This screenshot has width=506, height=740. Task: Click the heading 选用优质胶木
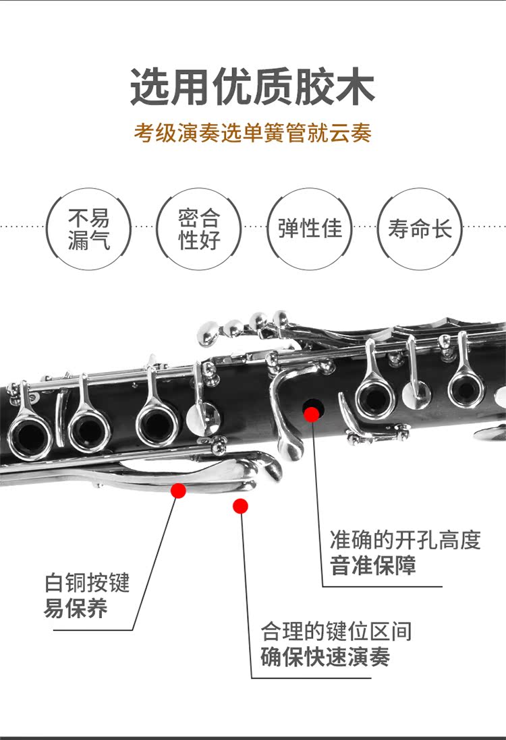pos(252,86)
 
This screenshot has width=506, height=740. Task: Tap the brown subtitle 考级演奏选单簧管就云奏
pos(252,132)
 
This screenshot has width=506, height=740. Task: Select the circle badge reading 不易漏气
pos(88,229)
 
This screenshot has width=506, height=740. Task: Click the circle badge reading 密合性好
pos(199,229)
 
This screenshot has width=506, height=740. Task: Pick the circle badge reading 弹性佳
pos(310,229)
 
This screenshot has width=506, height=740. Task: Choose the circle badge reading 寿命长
pos(420,229)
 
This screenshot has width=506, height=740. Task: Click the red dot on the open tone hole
pos(312,414)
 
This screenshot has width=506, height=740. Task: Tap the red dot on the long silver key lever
pos(178,490)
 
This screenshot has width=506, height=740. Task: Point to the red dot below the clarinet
pos(240,505)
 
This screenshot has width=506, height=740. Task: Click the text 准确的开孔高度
pos(405,540)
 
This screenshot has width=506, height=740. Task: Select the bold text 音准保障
pos(373,565)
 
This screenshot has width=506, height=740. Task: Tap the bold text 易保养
pos(76,608)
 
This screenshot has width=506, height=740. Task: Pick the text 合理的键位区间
pos(336,631)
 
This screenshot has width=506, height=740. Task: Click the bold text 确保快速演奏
pos(325,656)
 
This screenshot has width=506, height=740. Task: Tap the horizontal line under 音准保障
pos(382,586)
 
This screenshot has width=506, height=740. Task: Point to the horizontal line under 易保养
pos(93,630)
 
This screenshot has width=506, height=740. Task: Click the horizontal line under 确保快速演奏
pos(311,678)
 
